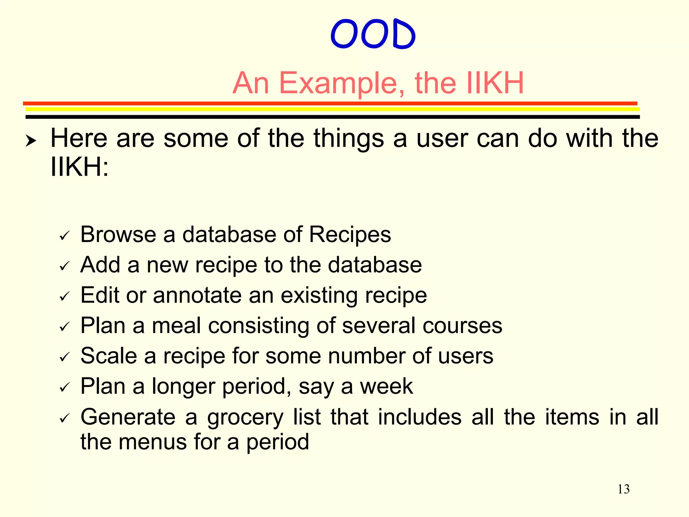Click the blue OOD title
[x=373, y=34]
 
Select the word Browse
[x=118, y=234]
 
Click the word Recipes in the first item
[x=350, y=235]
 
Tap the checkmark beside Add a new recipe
[x=64, y=266]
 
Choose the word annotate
[x=197, y=296]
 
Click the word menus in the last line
[x=153, y=442]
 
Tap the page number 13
[x=623, y=489]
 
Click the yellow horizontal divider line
[x=332, y=109]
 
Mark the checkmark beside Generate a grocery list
[x=64, y=418]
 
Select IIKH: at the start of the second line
[x=79, y=167]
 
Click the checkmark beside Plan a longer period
[x=64, y=388]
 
